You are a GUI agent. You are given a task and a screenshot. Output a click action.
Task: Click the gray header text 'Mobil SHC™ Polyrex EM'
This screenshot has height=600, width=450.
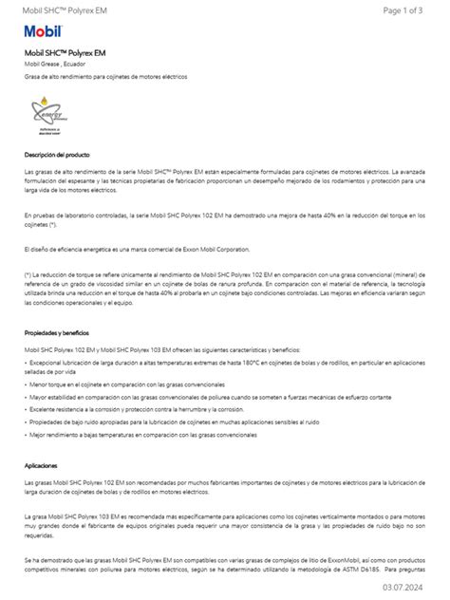pyautogui.click(x=60, y=9)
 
